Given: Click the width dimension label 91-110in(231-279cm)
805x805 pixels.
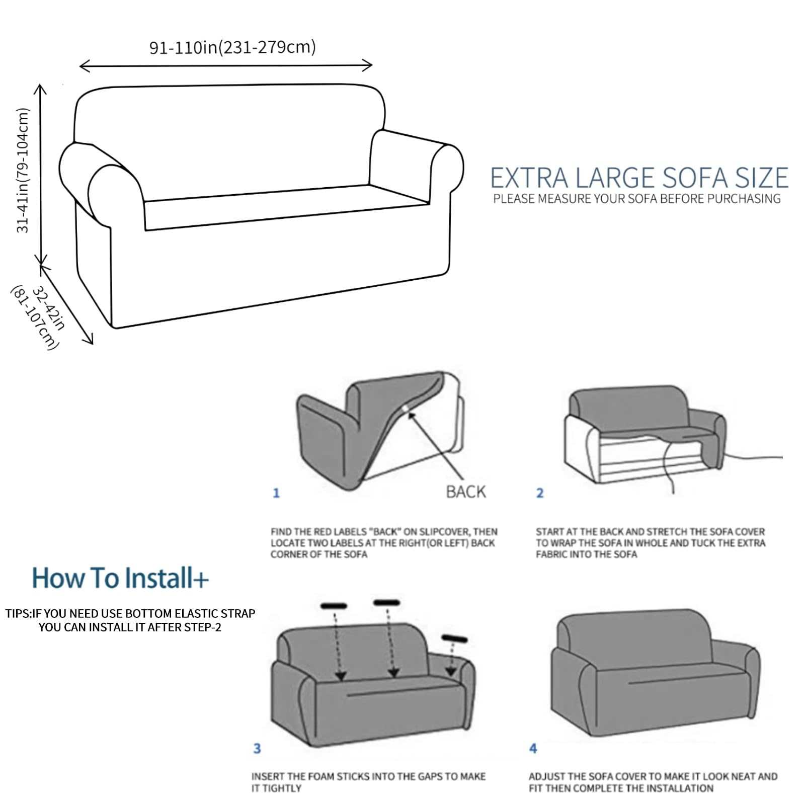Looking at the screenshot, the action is [232, 47].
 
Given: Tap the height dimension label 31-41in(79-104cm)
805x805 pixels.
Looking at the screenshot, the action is [23, 171].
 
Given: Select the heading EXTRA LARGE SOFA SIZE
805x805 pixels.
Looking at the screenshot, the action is [639, 178].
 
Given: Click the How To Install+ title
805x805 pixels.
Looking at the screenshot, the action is [120, 578].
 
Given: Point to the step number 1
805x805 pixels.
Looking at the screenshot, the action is [276, 493].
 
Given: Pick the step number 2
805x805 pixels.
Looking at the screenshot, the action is [540, 493].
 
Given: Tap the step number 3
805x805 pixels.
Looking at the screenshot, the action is [257, 749].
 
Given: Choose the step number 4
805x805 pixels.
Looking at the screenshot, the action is [533, 749].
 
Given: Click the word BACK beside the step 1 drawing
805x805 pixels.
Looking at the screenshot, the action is [466, 492].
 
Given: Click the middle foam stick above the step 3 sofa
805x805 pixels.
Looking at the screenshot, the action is [386, 602].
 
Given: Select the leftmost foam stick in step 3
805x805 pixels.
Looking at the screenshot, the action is [334, 606].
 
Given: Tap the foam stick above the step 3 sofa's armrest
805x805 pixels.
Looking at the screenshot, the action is [454, 639].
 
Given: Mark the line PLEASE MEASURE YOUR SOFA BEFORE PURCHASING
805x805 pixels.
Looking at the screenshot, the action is [637, 199].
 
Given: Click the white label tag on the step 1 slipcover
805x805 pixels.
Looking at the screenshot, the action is [406, 408].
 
